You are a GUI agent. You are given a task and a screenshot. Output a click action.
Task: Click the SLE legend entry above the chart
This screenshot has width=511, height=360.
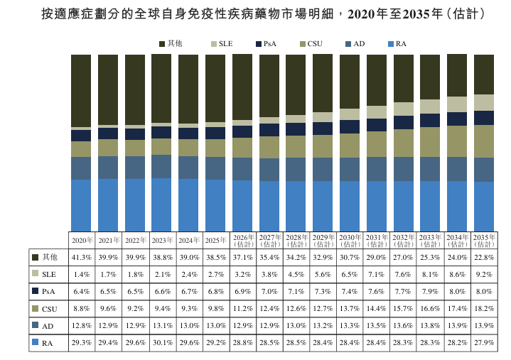222,44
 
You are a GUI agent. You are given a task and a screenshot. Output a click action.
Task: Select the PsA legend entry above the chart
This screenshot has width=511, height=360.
266,44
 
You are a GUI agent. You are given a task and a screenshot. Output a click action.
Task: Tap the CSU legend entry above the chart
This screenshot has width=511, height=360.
311,44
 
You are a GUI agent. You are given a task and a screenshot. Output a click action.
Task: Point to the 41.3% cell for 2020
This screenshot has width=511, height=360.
82,258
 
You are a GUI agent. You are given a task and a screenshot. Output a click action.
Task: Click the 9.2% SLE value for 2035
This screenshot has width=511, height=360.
484,274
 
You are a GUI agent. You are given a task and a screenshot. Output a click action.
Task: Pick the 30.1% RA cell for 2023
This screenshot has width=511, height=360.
163,343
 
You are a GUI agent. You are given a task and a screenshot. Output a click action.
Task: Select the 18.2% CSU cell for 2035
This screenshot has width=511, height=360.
484,308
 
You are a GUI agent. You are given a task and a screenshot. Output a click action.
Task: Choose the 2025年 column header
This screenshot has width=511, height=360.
216,241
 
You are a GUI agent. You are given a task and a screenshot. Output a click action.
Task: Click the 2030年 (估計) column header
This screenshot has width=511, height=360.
350,241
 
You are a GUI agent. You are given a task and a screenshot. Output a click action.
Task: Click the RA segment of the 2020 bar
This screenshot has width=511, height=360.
81,205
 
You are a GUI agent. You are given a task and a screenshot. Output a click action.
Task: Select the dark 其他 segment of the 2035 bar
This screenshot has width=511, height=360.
484,75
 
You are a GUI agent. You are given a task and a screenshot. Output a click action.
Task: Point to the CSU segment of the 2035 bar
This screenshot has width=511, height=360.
484,141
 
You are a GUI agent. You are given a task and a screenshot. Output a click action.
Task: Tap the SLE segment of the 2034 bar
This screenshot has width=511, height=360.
457,104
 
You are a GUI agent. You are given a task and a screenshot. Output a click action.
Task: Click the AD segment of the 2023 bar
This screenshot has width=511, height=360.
161,167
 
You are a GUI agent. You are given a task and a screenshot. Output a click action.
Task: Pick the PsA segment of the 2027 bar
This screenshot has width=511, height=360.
269,130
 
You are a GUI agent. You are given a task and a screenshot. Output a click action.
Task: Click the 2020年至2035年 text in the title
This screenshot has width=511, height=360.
396,14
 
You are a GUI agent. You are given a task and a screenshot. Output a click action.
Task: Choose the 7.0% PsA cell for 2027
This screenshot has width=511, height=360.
269,291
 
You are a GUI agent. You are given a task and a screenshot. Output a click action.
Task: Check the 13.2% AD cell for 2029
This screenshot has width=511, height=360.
323,325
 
